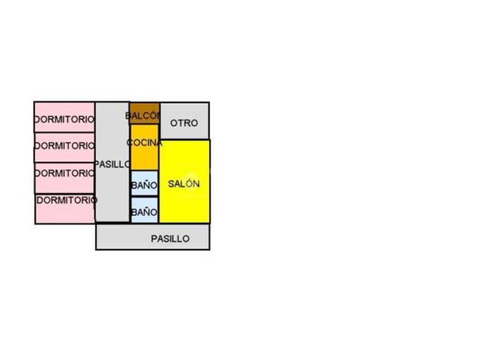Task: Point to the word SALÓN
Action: (x=184, y=184)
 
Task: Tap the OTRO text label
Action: (x=184, y=123)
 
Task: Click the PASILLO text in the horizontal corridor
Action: (x=170, y=239)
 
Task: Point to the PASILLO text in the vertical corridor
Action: (x=112, y=164)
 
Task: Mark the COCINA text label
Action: (x=145, y=143)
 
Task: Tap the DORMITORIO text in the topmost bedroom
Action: (x=64, y=119)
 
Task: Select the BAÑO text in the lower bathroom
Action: (x=144, y=213)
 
